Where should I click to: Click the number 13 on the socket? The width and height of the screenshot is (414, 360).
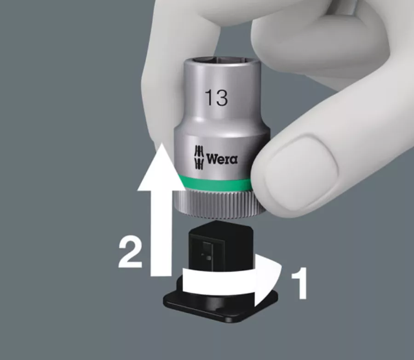pyautogui.click(x=216, y=98)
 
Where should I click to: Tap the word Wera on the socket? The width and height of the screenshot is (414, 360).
pyautogui.click(x=222, y=159)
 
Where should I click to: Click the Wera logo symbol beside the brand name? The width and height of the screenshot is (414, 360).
pyautogui.click(x=199, y=157)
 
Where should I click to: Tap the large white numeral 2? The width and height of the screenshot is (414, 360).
pyautogui.click(x=131, y=253)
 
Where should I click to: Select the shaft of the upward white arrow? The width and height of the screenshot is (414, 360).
pyautogui.click(x=161, y=233)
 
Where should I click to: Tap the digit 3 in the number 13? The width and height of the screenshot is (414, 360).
pyautogui.click(x=222, y=98)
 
